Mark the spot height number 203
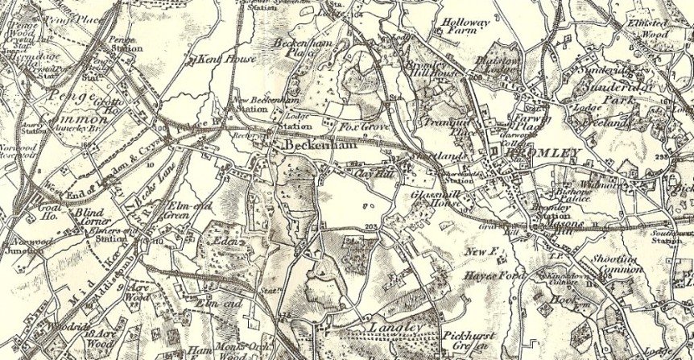pyautogui.click(x=370, y=227)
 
